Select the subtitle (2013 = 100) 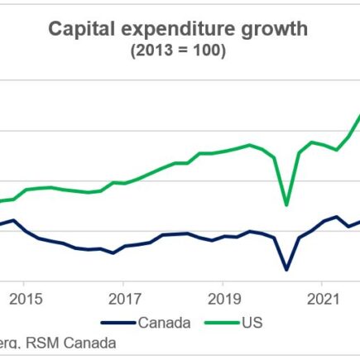click(179, 51)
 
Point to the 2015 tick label click(25, 298)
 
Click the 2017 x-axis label click(124, 298)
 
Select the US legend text click(252, 322)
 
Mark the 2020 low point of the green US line click(286, 205)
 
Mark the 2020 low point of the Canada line click(286, 269)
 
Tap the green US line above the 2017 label click(124, 182)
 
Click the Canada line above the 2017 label click(124, 246)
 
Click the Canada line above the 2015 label click(25, 231)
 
